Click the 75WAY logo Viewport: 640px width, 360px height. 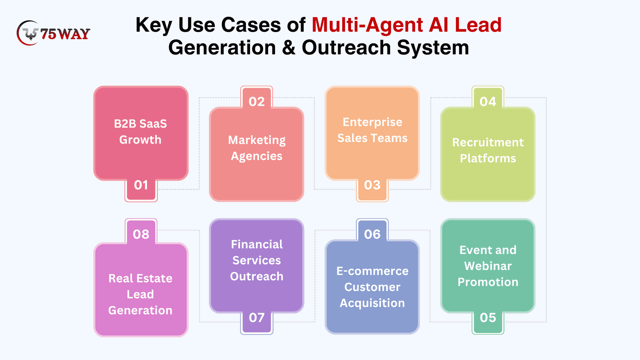53,33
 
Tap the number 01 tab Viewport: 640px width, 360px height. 141,190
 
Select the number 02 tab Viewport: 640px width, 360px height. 257,97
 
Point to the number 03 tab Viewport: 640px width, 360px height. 372,190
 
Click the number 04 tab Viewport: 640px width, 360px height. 488,97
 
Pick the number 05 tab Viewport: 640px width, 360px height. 488,322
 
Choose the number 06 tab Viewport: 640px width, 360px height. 372,230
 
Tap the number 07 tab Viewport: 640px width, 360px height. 257,322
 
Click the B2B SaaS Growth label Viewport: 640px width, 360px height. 140,132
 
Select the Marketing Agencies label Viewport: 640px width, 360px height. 257,148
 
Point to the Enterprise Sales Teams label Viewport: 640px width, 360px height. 372,130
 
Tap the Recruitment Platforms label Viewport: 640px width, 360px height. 488,150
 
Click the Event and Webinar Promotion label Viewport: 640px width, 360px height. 488,266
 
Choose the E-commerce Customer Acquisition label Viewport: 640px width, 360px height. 372,287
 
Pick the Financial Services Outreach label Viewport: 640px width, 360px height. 257,260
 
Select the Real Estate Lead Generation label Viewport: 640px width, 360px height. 140,294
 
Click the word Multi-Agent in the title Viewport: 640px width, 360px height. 368,25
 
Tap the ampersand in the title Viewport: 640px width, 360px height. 289,47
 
